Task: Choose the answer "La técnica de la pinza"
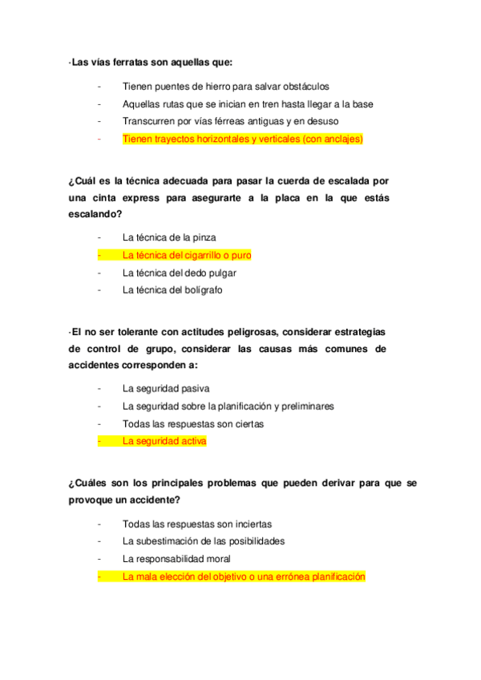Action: click(x=169, y=237)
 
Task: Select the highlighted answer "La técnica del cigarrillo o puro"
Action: click(x=187, y=255)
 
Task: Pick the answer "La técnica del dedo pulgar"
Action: click(x=179, y=273)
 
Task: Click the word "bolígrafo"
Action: click(x=200, y=290)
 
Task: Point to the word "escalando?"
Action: click(x=95, y=214)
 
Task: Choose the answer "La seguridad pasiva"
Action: click(x=166, y=389)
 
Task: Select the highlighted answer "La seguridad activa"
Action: click(x=164, y=441)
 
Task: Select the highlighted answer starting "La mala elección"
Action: click(x=244, y=576)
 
